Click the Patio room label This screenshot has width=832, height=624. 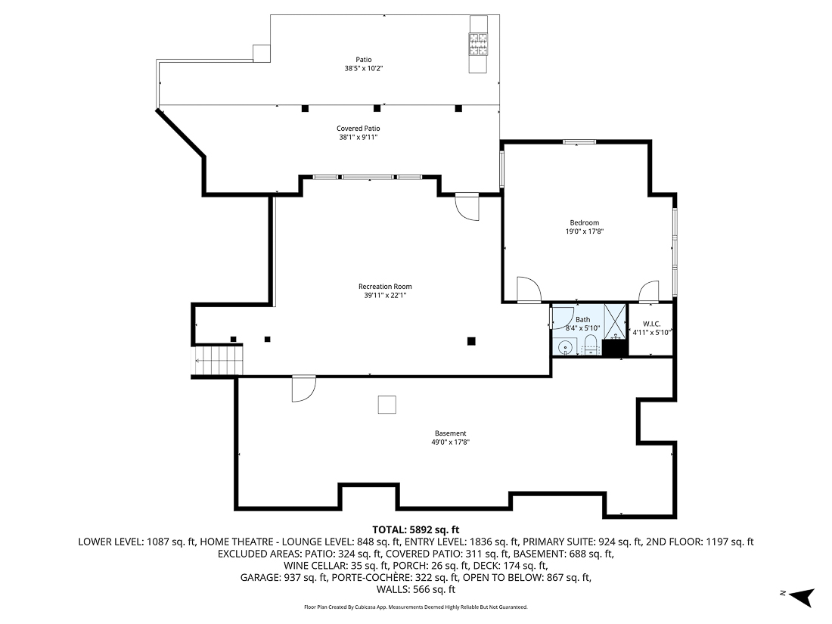tap(364, 60)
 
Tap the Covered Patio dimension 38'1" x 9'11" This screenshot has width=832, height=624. tap(358, 138)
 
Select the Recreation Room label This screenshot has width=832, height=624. tap(385, 287)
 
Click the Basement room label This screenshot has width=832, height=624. tap(450, 433)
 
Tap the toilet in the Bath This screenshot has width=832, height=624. tap(591, 348)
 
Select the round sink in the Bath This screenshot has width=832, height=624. tap(564, 348)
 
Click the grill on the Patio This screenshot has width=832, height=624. tap(478, 44)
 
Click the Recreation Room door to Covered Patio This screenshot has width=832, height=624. tap(467, 206)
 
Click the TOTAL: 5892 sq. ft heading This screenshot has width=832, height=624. tap(415, 529)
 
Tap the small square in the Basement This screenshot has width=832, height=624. tap(387, 405)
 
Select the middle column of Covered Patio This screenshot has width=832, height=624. tap(377, 108)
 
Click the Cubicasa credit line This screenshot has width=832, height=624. tap(415, 607)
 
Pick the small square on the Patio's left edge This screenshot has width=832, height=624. tap(262, 52)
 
